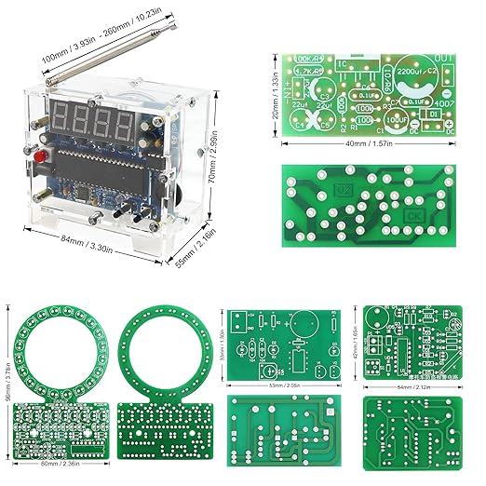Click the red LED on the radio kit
40,153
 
